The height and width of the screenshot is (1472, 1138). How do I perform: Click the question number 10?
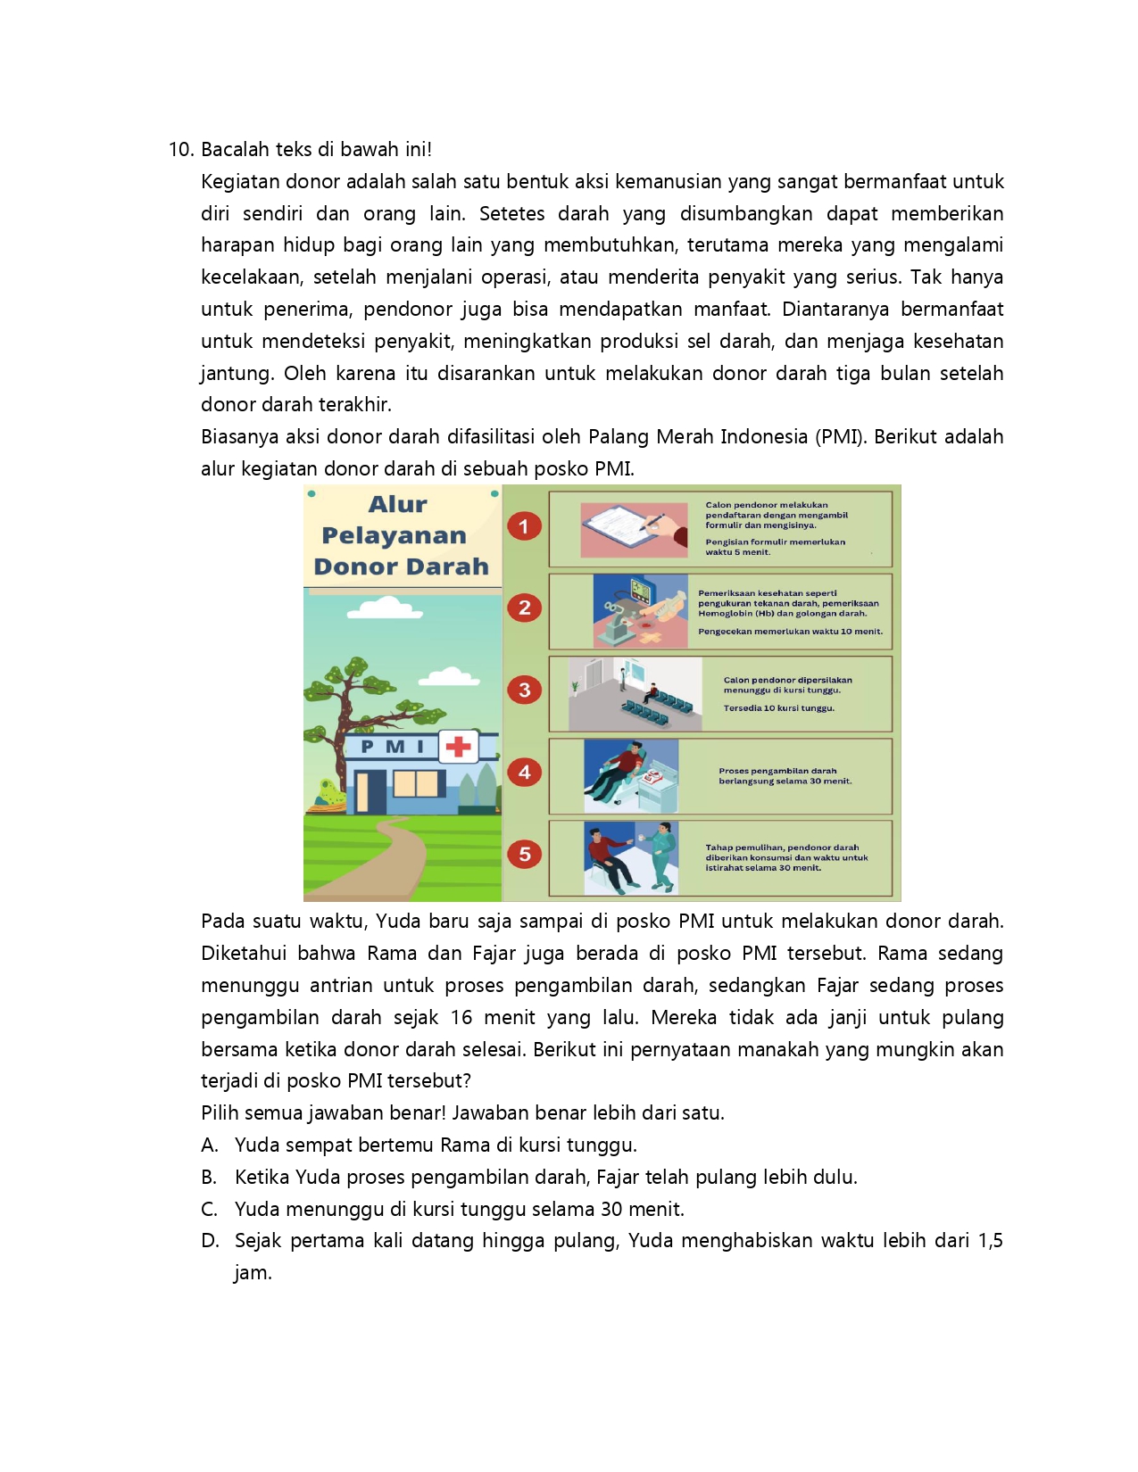click(181, 150)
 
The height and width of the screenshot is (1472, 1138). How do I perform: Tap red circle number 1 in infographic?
click(524, 526)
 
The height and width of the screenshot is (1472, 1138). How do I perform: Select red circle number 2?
click(524, 608)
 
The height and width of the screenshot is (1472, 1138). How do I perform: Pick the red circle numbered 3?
click(524, 690)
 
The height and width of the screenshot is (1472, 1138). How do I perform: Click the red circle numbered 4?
click(524, 772)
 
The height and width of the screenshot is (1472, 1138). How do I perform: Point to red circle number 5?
click(524, 854)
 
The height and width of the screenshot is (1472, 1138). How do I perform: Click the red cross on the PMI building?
click(458, 746)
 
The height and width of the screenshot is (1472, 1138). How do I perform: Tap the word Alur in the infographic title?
click(398, 505)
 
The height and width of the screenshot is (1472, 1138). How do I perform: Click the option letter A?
click(209, 1145)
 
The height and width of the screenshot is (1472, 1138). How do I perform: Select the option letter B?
click(209, 1178)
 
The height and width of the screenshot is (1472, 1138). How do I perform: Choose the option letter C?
click(209, 1210)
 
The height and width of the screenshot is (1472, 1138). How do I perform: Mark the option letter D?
click(210, 1241)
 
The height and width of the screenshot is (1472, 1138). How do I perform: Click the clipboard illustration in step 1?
click(634, 528)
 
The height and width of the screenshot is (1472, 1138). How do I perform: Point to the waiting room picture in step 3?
click(635, 694)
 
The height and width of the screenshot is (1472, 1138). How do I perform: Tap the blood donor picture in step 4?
click(631, 775)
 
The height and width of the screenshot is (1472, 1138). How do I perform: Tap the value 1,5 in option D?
click(990, 1241)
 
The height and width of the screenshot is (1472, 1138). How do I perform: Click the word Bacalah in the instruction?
click(232, 150)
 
